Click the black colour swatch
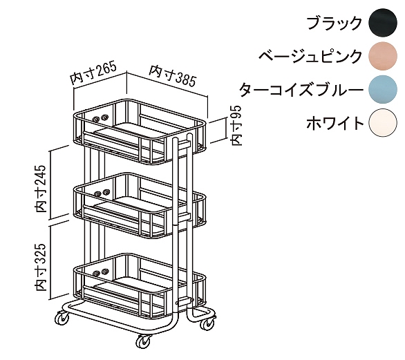pyautogui.click(x=383, y=22)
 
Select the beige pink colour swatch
pyautogui.click(x=383, y=56)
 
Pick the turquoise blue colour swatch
pyautogui.click(x=383, y=89)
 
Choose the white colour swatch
pyautogui.click(x=383, y=123)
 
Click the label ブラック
pyautogui.click(x=335, y=23)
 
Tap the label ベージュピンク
pyautogui.click(x=310, y=56)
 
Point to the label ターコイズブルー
pyautogui.click(x=301, y=90)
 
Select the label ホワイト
pyautogui.click(x=335, y=123)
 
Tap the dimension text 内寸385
pyautogui.click(x=173, y=76)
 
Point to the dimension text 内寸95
pyautogui.click(x=236, y=126)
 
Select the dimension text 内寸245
pyautogui.click(x=41, y=189)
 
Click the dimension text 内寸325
pyautogui.click(x=41, y=267)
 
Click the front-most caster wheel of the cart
pyautogui.click(x=144, y=341)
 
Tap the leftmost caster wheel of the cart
pyautogui.click(x=62, y=317)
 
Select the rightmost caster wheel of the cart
pyautogui.click(x=208, y=323)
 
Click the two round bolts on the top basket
pyautogui.click(x=100, y=119)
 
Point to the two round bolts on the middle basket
pyautogui.click(x=102, y=193)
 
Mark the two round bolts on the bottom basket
pyautogui.click(x=101, y=272)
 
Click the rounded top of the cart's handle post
pyautogui.click(x=175, y=140)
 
